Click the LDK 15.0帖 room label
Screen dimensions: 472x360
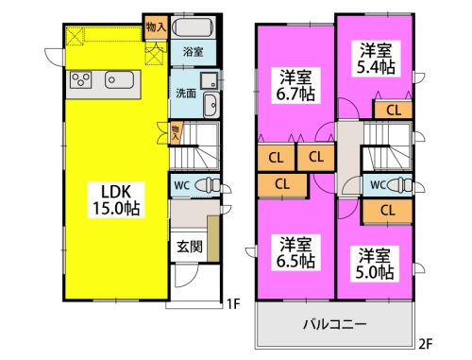(x=116, y=199)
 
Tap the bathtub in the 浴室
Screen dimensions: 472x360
(x=194, y=27)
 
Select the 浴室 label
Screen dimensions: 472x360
(x=193, y=52)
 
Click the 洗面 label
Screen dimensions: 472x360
(x=186, y=94)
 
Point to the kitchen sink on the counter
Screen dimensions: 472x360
(x=119, y=80)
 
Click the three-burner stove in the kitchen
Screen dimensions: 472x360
(x=81, y=80)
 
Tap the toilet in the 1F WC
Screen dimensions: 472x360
(x=208, y=184)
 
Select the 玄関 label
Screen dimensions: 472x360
(x=189, y=247)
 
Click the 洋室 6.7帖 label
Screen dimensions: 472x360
(x=295, y=86)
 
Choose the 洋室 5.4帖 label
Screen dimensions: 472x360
(x=376, y=59)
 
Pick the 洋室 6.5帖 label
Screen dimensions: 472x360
(x=295, y=252)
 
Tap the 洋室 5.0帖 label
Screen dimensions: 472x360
(x=375, y=264)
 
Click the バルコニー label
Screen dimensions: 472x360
(x=334, y=324)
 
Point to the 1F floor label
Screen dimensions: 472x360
(x=233, y=304)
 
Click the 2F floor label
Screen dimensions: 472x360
(x=426, y=344)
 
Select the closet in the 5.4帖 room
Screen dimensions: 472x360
(x=393, y=111)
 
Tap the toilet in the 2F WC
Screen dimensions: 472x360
(x=400, y=184)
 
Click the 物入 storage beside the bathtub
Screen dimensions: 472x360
(x=156, y=27)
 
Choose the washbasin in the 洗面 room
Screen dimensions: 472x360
(x=211, y=105)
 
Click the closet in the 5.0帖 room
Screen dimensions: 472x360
(x=387, y=210)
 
